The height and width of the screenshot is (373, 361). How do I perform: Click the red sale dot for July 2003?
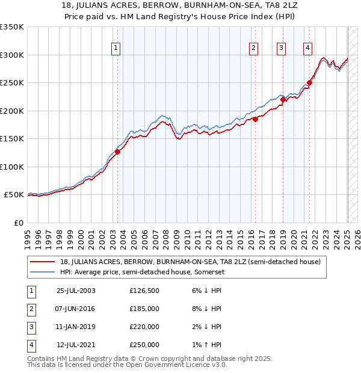(x=118, y=152)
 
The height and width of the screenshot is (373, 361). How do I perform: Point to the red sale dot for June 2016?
(x=255, y=119)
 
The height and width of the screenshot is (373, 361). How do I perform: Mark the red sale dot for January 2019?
(x=283, y=100)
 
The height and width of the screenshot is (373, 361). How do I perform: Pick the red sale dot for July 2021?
(x=309, y=83)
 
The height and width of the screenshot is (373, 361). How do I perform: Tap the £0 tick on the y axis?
(x=18, y=223)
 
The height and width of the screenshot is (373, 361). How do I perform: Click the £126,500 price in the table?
(x=144, y=291)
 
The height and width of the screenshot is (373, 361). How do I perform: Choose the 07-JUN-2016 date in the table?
(x=76, y=309)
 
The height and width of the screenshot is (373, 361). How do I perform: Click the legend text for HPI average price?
(x=141, y=272)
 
